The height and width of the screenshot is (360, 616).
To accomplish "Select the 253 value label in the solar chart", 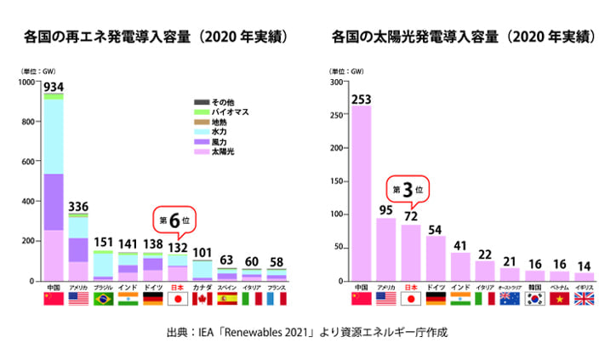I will point(361,99).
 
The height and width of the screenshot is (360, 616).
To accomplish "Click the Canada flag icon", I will point(202,300).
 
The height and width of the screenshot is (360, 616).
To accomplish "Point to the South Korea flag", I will point(535,300).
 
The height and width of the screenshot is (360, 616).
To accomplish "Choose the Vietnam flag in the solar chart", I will point(560,300).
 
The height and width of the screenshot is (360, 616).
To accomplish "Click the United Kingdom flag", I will point(585,300).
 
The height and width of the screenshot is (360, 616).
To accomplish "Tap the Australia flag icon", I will point(510,300).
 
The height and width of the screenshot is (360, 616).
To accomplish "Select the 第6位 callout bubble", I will point(171,220).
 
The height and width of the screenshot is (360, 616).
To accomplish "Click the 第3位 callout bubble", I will point(408,189).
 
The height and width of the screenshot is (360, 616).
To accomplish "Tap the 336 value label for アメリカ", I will point(79,206).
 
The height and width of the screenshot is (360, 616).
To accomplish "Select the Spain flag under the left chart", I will point(227,300).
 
